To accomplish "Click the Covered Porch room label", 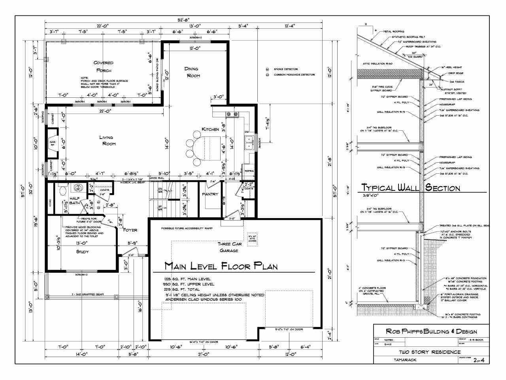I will (103, 66).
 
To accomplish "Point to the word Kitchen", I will (210, 129).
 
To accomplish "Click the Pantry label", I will (210, 194).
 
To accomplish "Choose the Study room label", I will (82, 251).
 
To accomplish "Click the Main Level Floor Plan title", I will (221, 266).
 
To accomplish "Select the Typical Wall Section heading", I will (411, 188).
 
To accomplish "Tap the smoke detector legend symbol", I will (267, 69).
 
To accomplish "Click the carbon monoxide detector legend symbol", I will (267, 74).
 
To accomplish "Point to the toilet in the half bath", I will (62, 192).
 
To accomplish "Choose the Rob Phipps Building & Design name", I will (431, 332).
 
